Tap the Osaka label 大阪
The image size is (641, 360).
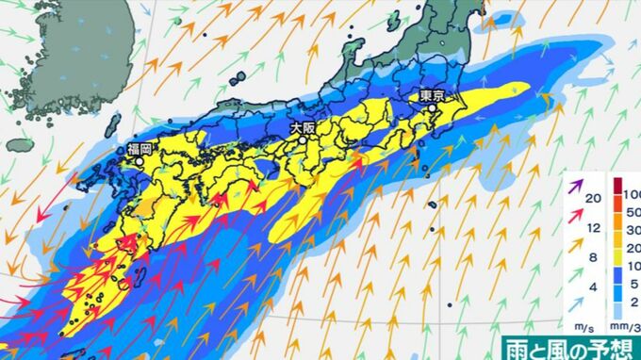pyautogui.click(x=303, y=126)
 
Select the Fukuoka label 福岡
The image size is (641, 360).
pyautogui.click(x=140, y=148)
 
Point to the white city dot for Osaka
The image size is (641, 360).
pyautogui.click(x=304, y=139)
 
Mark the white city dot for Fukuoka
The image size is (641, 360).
pyautogui.click(x=140, y=160)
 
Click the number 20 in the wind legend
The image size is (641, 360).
pyautogui.click(x=594, y=198)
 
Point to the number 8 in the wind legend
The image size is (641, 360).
pyautogui.click(x=594, y=258)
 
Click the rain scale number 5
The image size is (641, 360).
pyautogui.click(x=634, y=281)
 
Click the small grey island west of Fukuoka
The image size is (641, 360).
pyautogui.click(x=21, y=144)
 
